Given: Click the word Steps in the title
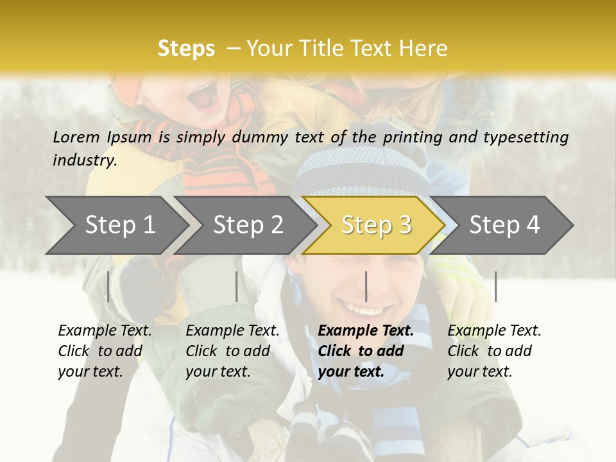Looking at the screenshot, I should (x=186, y=49).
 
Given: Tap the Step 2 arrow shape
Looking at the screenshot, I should (x=248, y=225).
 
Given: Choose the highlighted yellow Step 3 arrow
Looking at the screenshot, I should (x=375, y=225).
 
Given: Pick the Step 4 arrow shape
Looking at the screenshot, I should (x=504, y=225).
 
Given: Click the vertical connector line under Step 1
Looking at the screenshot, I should (x=108, y=286).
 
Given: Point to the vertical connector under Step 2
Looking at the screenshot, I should (x=237, y=286).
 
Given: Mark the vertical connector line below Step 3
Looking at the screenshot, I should (x=366, y=286).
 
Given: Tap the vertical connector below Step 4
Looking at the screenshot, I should (x=495, y=286).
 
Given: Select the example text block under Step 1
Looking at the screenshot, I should (x=105, y=351).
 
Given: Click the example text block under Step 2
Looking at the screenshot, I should (x=232, y=351).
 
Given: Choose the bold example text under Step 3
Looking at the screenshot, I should (x=366, y=351).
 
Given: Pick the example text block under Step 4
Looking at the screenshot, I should (x=494, y=351).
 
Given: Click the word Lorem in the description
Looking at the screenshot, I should (x=76, y=137).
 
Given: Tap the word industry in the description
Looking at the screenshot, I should (x=85, y=160).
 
